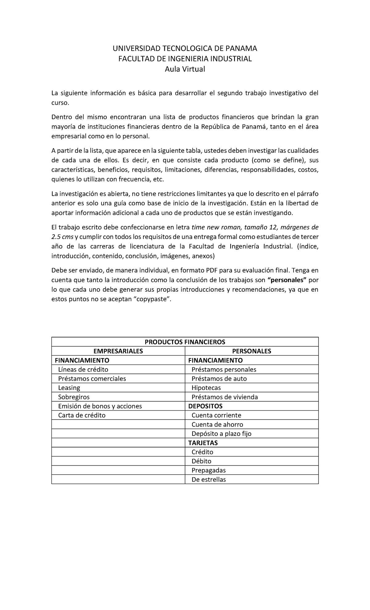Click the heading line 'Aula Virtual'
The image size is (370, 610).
[185, 69]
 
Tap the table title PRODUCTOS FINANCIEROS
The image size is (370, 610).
[185, 342]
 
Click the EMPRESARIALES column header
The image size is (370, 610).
[118, 351]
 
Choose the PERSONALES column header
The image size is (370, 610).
[251, 351]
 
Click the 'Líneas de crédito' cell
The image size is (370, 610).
[83, 370]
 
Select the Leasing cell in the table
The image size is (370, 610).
[69, 388]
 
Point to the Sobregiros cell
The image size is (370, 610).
[74, 397]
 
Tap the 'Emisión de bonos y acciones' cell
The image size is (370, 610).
[100, 406]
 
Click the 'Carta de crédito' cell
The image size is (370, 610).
[82, 416]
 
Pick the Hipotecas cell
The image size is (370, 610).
[206, 388]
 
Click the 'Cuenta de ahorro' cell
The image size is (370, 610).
[217, 424]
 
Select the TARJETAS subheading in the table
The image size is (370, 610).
[203, 443]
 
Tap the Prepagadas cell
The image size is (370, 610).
[208, 470]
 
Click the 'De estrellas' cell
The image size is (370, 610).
[208, 480]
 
